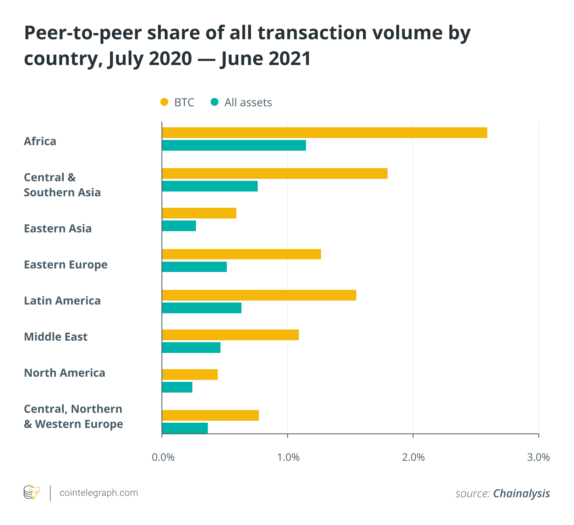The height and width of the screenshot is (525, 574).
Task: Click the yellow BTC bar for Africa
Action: [x=324, y=133]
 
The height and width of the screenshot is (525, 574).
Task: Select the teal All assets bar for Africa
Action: [x=234, y=146]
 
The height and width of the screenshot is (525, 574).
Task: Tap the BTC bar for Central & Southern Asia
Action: [x=274, y=174]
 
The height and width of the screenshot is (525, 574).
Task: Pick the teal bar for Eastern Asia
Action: [x=179, y=226]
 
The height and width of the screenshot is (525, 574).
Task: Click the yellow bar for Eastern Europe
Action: [x=241, y=254]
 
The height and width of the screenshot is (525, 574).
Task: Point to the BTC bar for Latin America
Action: [x=259, y=295]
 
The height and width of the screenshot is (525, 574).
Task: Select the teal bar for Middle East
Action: [x=191, y=348]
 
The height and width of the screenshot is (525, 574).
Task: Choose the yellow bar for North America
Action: [x=190, y=374]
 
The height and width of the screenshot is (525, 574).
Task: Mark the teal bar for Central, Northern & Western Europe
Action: [x=185, y=428]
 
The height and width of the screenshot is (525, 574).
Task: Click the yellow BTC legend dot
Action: [x=164, y=102]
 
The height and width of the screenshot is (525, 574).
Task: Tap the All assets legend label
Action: [x=248, y=103]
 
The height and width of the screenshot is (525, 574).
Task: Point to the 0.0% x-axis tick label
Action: [x=163, y=458]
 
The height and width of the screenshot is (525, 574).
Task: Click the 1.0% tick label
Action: [x=288, y=458]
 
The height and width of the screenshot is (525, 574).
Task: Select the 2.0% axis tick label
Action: [x=413, y=458]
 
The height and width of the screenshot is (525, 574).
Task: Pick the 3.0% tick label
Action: [x=538, y=458]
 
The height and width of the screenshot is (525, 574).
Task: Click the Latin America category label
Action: [x=62, y=301]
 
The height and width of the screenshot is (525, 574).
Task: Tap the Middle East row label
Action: [x=56, y=337]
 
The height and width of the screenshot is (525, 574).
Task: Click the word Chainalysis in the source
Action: [x=521, y=493]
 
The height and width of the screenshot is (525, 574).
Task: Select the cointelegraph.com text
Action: [x=99, y=493]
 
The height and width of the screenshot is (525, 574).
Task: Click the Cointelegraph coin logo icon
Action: [x=32, y=493]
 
